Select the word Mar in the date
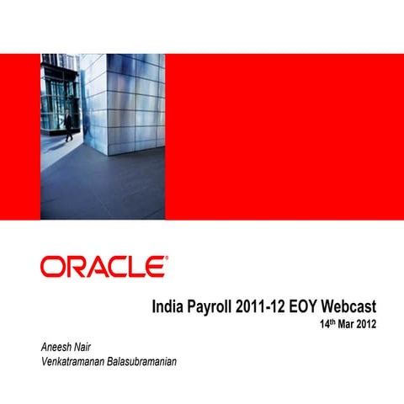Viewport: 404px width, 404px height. [x=351, y=325]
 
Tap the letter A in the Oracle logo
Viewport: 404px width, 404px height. [x=95, y=268]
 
